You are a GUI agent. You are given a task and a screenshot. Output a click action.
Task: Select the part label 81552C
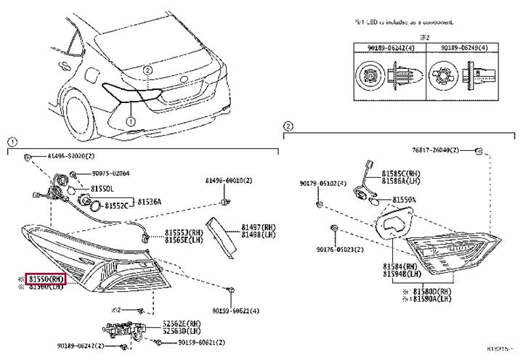[116, 205]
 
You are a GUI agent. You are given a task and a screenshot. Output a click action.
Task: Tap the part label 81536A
[150, 201]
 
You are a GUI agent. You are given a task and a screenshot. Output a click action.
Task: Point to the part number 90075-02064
[110, 173]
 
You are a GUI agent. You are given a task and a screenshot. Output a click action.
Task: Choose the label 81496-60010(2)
[228, 180]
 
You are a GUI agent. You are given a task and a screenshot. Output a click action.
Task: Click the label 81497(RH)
[259, 227]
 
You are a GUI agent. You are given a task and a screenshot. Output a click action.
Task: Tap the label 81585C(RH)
[401, 174]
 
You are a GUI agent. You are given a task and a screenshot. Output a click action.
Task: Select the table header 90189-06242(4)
[383, 47]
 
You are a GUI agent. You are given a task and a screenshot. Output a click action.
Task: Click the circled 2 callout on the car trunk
[147, 70]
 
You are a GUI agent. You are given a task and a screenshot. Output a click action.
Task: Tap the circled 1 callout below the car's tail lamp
[131, 123]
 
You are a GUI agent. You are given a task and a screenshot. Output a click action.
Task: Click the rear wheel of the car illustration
[80, 120]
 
